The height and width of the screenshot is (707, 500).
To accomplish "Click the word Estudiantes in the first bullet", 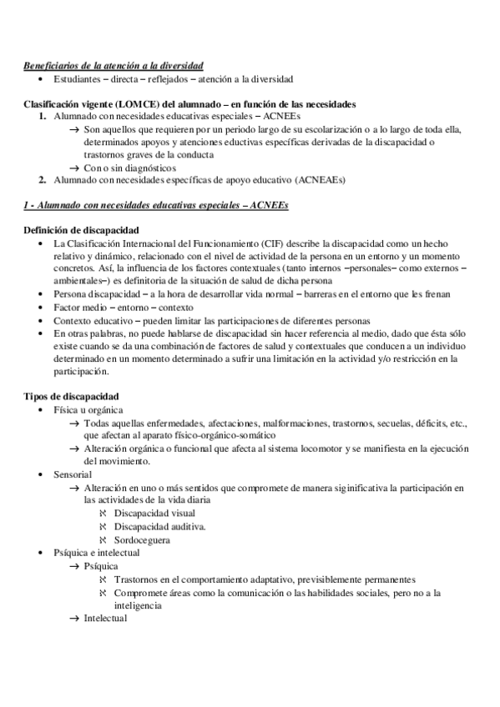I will click(x=78, y=79).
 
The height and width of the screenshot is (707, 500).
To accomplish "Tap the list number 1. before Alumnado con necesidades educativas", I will click(x=43, y=117).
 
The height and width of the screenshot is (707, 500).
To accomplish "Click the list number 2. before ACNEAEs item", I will click(x=43, y=180).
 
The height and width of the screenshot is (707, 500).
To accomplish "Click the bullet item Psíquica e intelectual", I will click(x=96, y=553).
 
